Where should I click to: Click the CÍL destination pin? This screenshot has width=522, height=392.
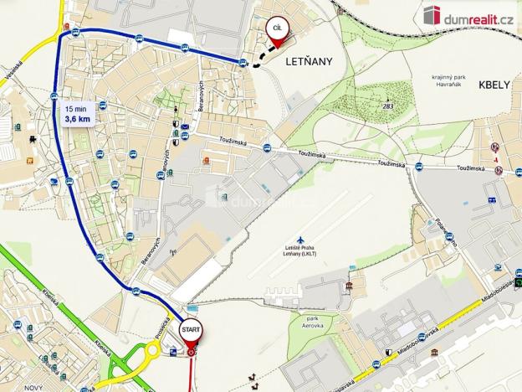275,31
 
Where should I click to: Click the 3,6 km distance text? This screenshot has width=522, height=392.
78,119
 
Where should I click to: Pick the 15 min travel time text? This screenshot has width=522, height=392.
75,108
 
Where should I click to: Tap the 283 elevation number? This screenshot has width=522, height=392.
388,106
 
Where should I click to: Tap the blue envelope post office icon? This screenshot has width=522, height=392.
184,126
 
